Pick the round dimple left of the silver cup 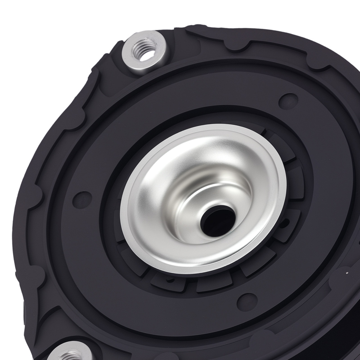[82, 199]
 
